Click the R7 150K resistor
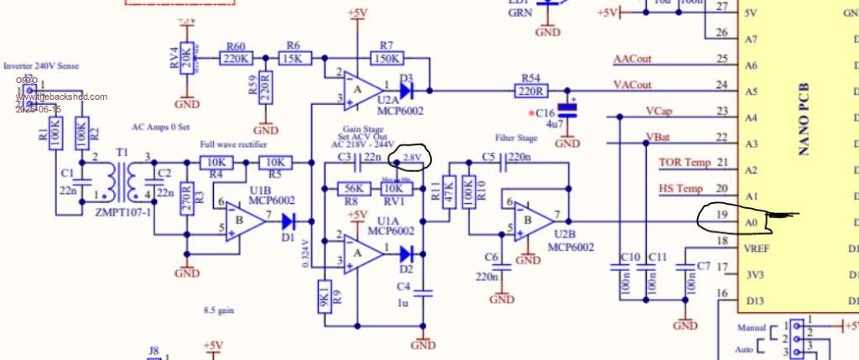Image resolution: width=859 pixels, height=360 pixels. (387, 59)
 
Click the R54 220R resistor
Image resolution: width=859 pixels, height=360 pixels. (531, 91)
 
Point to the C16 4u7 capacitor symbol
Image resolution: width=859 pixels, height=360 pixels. (571, 110)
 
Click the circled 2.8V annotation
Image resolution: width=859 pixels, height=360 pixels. (412, 156)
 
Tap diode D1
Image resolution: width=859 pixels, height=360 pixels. (289, 222)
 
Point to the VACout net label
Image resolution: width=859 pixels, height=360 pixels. (633, 85)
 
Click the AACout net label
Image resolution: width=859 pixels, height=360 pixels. (633, 59)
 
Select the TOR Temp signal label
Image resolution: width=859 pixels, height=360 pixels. (685, 163)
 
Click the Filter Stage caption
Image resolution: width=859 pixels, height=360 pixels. (515, 137)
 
